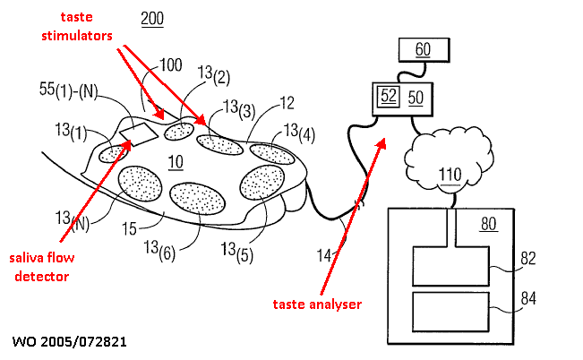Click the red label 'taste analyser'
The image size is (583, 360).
tap(317, 304)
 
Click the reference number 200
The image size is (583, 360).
tap(152, 19)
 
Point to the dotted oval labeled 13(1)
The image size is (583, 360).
tap(114, 153)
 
